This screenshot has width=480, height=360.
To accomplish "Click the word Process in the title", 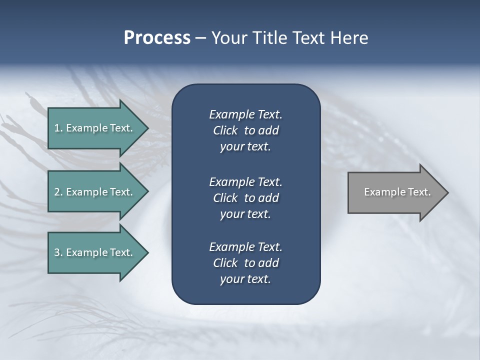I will (x=157, y=38).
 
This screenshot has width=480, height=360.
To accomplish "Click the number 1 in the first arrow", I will (x=57, y=128).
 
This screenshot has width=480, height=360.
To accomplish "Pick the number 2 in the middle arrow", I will (x=57, y=192).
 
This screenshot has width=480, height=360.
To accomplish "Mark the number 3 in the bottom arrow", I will (x=57, y=252).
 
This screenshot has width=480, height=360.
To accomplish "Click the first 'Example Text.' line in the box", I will (x=245, y=114).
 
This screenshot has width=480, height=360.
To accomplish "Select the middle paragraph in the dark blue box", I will (x=245, y=198).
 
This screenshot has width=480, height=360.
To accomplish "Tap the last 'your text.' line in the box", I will (x=245, y=279).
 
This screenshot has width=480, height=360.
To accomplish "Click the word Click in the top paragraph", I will (x=225, y=130).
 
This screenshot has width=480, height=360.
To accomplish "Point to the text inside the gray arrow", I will (x=397, y=192).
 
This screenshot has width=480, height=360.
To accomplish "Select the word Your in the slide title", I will (x=227, y=38).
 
